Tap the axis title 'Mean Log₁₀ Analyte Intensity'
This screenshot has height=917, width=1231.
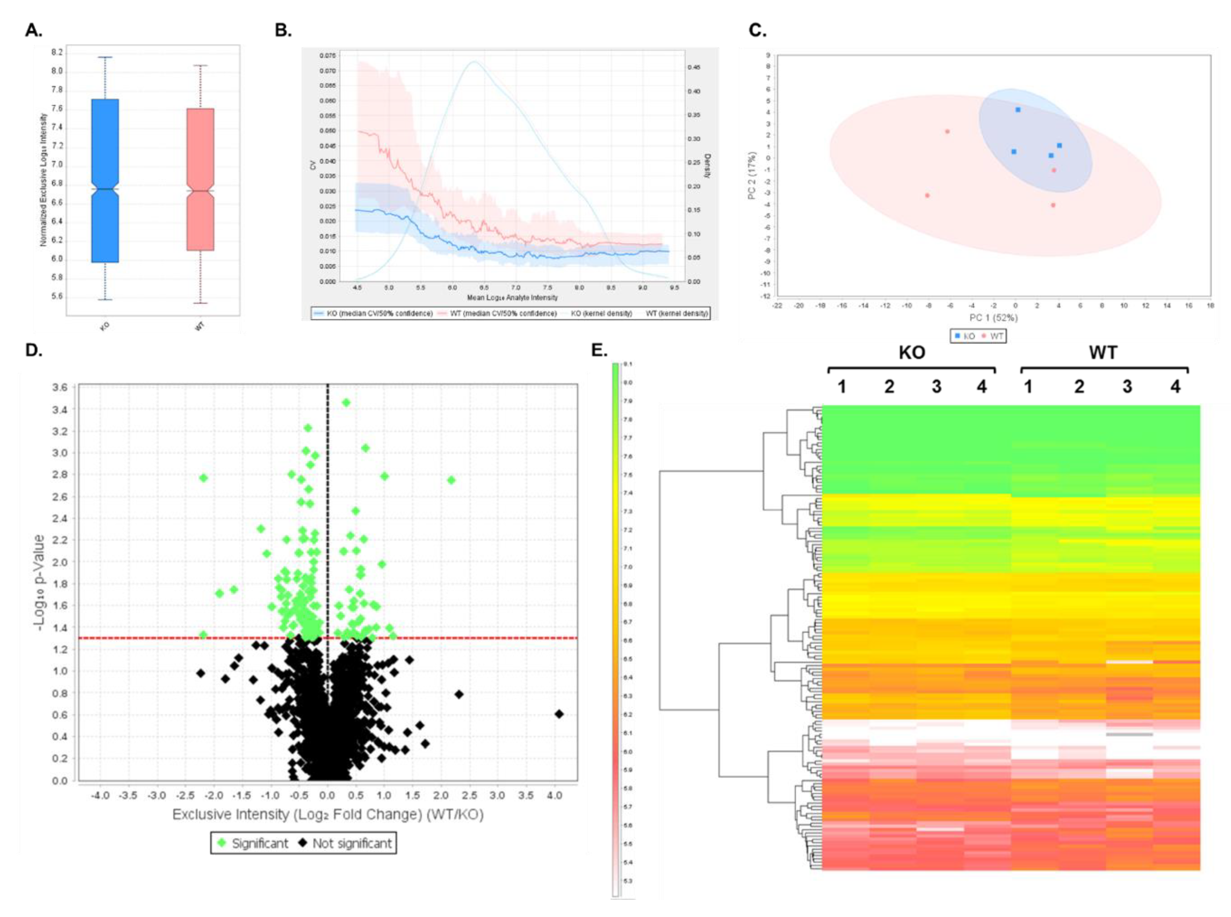click(x=512, y=297)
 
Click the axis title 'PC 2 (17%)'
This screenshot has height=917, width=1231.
click(x=752, y=175)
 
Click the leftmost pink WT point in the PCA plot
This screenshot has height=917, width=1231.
click(x=927, y=195)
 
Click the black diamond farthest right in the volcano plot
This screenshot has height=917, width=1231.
click(x=559, y=714)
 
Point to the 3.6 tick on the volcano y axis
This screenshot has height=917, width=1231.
click(x=59, y=388)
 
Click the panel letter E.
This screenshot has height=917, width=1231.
click(x=600, y=350)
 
